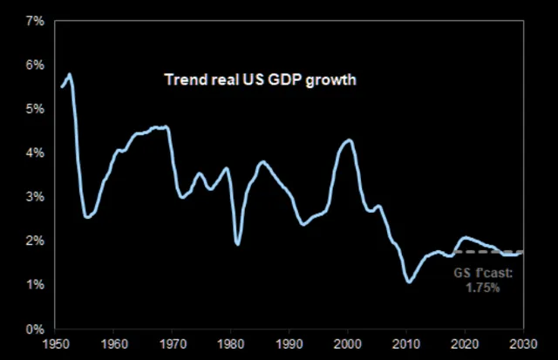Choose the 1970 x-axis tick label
[x=173, y=345]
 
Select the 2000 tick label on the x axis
[x=348, y=345]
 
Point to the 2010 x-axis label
[x=406, y=345]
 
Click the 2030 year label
[x=523, y=345]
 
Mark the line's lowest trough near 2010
[x=408, y=282]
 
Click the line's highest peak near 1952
[x=69, y=74]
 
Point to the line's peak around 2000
[x=349, y=139]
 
